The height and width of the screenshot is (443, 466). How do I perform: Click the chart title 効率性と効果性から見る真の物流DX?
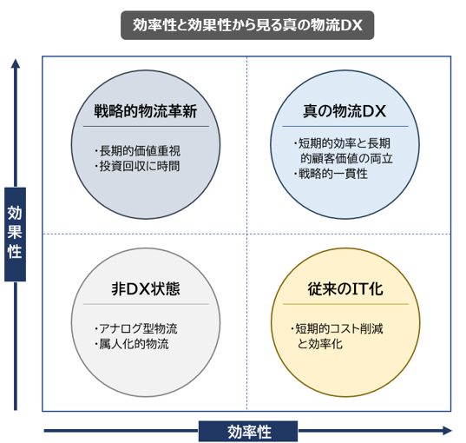(x=247, y=25)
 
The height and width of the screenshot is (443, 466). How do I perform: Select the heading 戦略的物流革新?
(x=146, y=111)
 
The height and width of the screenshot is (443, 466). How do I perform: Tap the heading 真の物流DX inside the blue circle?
(x=345, y=111)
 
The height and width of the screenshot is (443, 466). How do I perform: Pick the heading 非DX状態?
(x=146, y=288)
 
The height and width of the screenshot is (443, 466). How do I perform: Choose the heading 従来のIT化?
(x=345, y=288)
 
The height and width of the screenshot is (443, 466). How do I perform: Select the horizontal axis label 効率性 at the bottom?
(x=248, y=431)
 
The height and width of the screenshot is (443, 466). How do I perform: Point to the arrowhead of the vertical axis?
(x=16, y=63)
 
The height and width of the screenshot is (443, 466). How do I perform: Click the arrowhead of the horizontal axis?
(x=447, y=431)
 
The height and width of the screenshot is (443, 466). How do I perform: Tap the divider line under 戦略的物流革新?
(x=146, y=127)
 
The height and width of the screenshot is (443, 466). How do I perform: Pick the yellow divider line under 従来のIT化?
(x=345, y=304)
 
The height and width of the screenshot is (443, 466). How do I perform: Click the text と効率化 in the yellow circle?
(x=320, y=344)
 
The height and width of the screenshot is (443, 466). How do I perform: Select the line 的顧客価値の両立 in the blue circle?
(x=346, y=159)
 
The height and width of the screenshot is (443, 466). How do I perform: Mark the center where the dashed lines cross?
(x=246, y=235)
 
